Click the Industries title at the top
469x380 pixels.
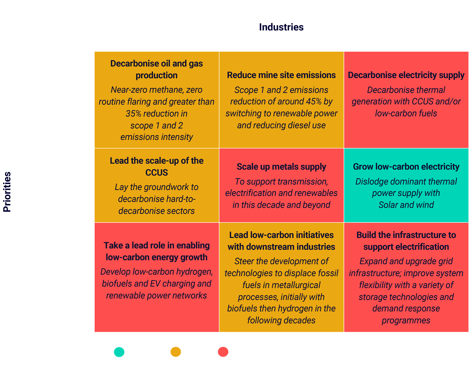pyautogui.click(x=281, y=27)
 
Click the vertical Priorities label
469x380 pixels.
pyautogui.click(x=7, y=192)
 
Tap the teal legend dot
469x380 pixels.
pyautogui.click(x=119, y=352)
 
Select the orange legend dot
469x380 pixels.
pyautogui.click(x=176, y=352)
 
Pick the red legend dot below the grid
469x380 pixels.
pyautogui.click(x=223, y=352)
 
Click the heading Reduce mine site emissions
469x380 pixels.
pyautogui.click(x=281, y=75)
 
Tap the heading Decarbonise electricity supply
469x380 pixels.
pyautogui.click(x=406, y=75)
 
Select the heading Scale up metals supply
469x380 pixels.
pyautogui.click(x=281, y=167)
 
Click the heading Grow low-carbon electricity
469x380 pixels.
pyautogui.click(x=406, y=167)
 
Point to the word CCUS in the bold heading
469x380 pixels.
pyautogui.click(x=157, y=173)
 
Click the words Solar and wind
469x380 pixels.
pyautogui.click(x=406, y=205)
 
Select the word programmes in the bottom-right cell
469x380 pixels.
pyautogui.click(x=406, y=321)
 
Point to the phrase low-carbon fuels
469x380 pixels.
pyautogui.click(x=406, y=113)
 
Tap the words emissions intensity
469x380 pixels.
pyautogui.click(x=157, y=137)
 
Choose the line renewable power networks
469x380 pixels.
pyautogui.click(x=157, y=296)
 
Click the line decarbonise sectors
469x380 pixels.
pyautogui.click(x=157, y=211)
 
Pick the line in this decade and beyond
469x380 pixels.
pyautogui.click(x=281, y=205)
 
